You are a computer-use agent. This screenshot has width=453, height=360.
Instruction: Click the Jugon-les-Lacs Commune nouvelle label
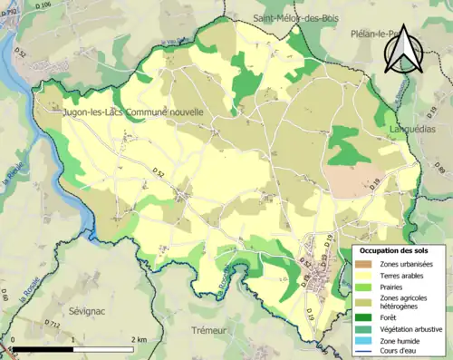tap(133, 112)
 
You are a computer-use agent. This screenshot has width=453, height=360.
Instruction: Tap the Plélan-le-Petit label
tap(374, 33)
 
